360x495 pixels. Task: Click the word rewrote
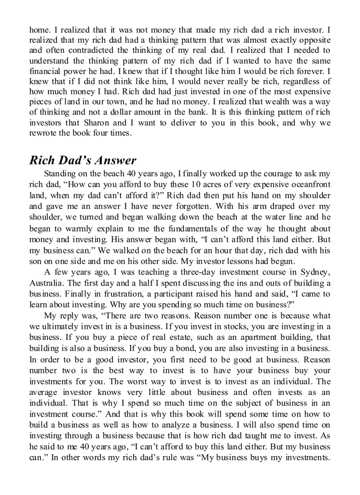click(x=41, y=133)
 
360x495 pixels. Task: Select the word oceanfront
click(x=308, y=184)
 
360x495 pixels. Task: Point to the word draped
click(x=277, y=206)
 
